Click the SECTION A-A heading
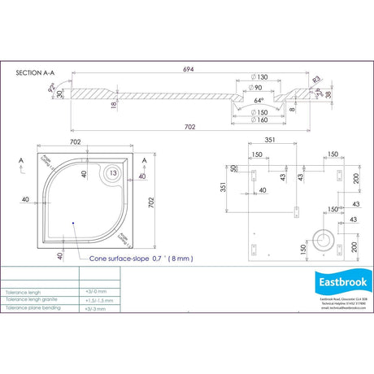click(37, 72)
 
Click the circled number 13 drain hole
click(112, 172)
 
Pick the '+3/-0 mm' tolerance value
click(96, 290)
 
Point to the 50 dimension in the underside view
click(233, 168)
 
